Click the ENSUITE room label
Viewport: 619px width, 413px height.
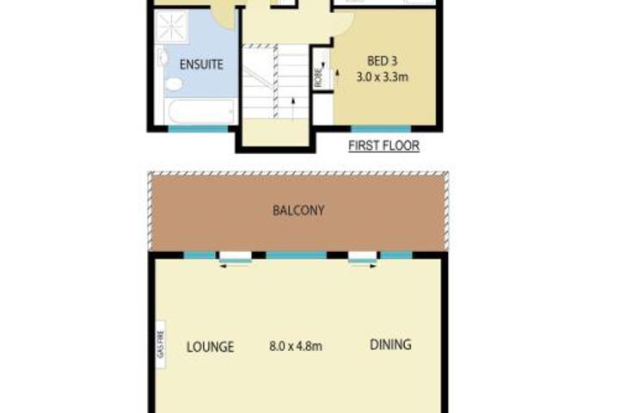pos(201,64)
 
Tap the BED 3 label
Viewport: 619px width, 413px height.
pos(382,61)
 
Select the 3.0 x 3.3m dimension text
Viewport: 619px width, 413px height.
pos(382,77)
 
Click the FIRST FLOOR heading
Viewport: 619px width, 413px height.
pos(383,145)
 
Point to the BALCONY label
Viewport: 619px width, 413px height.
pos(298,210)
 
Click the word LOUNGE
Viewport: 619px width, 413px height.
pos(210,347)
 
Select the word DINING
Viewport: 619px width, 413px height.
pos(390,345)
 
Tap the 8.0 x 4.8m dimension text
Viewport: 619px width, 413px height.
pos(296,347)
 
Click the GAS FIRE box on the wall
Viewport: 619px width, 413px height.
pos(160,344)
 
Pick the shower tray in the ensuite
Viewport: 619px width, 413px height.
pos(172,26)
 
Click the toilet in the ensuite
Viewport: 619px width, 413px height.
pos(174,83)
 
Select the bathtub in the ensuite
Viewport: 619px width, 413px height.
pos(201,112)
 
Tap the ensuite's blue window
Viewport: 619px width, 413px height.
pos(199,128)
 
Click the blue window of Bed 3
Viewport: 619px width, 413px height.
pos(381,128)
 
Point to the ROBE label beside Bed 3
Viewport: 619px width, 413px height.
pos(318,77)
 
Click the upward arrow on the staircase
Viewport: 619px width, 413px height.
pos(293,107)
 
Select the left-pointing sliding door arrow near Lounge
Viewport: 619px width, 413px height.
pos(235,266)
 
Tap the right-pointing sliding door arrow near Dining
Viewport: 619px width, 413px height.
pos(363,266)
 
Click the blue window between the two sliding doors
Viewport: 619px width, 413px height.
pos(296,256)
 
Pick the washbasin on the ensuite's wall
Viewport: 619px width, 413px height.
pos(162,58)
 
